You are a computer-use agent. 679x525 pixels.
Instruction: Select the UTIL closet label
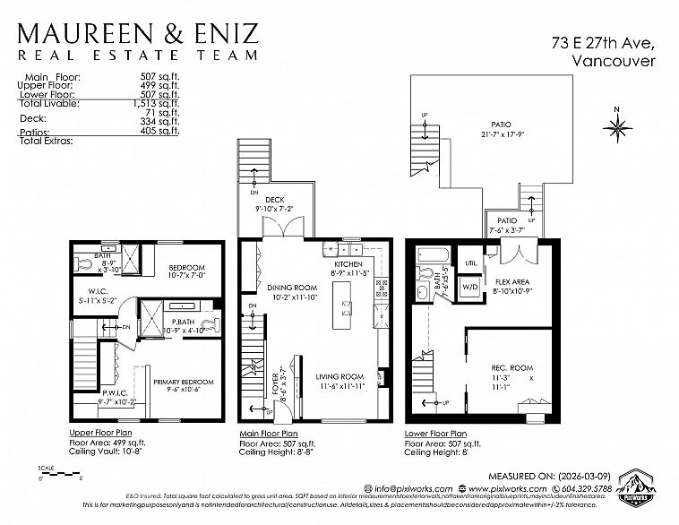470,263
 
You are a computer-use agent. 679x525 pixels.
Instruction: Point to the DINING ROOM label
293,288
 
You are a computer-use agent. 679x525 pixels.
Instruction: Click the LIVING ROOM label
339,376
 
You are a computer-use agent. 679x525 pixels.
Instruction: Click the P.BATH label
184,323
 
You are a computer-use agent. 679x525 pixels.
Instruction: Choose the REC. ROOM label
511,368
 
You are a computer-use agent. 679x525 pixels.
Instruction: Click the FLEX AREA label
512,280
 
